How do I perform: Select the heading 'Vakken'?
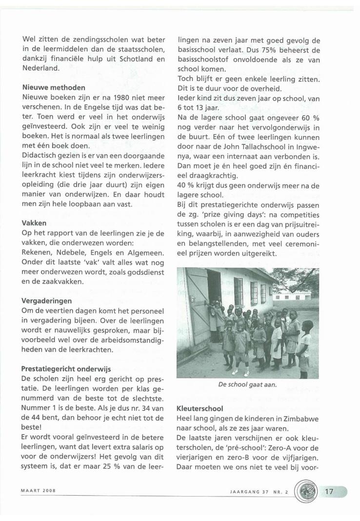coord(34,222)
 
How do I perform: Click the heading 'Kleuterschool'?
coord(200,408)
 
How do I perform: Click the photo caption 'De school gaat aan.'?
coord(248,384)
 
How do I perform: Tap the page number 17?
coord(329,491)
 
